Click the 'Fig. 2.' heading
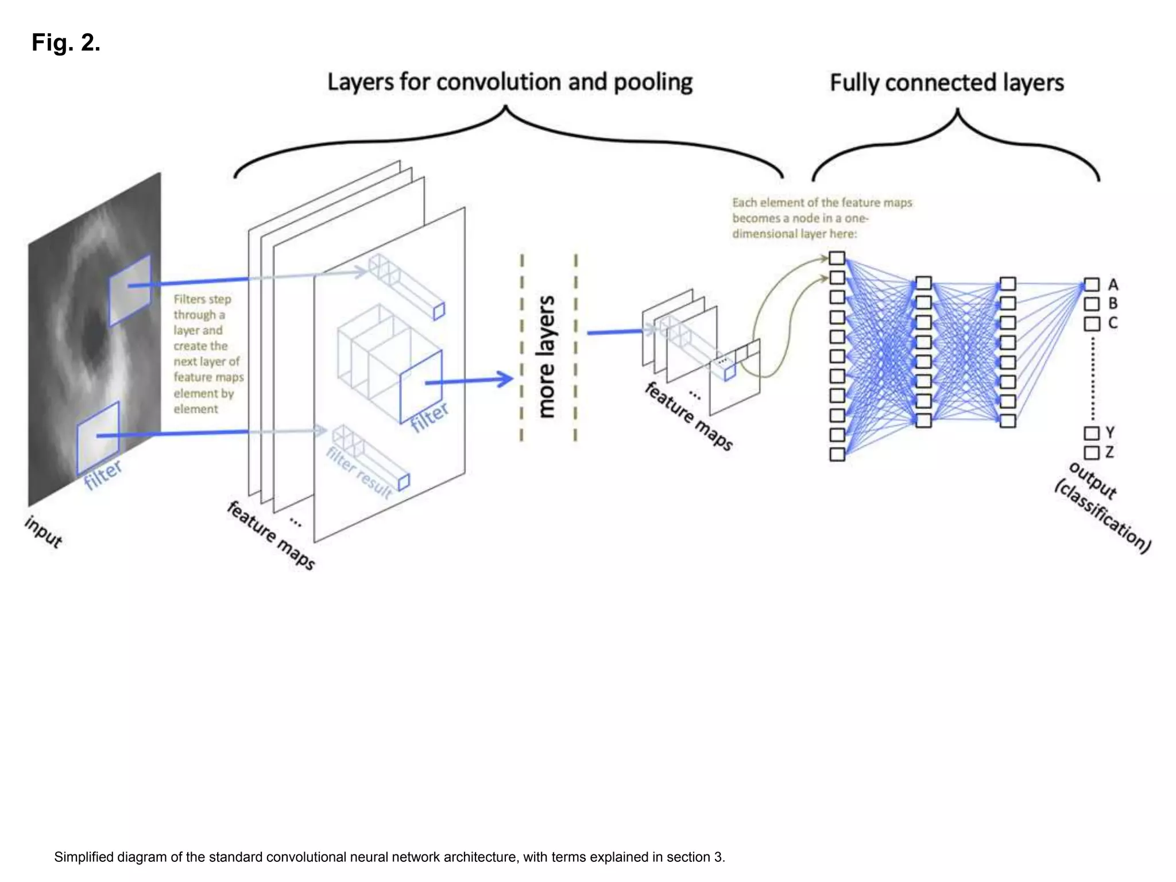point(66,42)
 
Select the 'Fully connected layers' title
point(946,83)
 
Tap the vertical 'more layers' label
point(546,356)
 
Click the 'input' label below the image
point(43,532)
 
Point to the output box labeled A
point(1091,285)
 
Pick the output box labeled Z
point(1091,452)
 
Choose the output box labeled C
point(1091,324)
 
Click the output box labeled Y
point(1091,433)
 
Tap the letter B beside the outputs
point(1113,303)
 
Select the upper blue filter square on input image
point(130,290)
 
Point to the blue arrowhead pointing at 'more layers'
point(506,379)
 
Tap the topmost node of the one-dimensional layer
point(837,258)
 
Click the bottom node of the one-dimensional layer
point(837,454)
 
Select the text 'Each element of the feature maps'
point(822,203)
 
